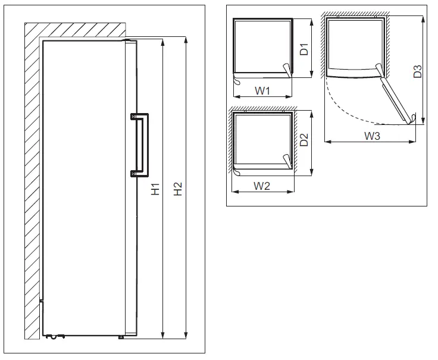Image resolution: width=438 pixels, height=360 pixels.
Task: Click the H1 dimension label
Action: click(155, 189)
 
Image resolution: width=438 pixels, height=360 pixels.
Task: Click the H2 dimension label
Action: click(178, 189)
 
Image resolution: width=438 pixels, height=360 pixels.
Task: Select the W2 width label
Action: click(262, 186)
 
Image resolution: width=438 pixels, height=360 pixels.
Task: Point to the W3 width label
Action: click(372, 136)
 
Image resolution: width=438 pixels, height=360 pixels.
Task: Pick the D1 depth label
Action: click(304, 49)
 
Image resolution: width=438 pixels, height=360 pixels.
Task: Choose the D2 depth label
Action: click(304, 141)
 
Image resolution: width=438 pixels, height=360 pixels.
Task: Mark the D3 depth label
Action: click(418, 71)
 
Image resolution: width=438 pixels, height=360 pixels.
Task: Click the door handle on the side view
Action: click(145, 145)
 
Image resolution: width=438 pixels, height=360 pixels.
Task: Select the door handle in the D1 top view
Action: click(287, 71)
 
